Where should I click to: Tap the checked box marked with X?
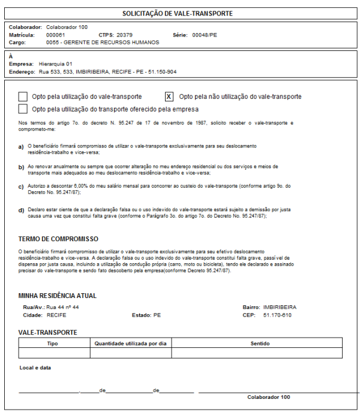pos(169,97)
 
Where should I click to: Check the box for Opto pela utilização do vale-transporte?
pos(23,97)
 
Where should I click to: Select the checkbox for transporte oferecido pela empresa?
pos(23,109)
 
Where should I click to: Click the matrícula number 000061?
pos(55,35)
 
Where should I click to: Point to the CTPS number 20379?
pos(125,35)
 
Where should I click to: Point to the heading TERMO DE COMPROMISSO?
pos(58,239)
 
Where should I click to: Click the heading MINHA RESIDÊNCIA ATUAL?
pos(58,296)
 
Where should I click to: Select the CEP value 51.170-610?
pos(277,315)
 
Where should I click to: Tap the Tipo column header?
pos(53,344)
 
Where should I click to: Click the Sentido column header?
pos(260,344)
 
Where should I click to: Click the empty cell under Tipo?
pos(53,353)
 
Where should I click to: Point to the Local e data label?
pos(35,367)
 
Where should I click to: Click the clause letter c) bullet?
pos(21,187)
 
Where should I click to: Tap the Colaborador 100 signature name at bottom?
pos(268,397)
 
